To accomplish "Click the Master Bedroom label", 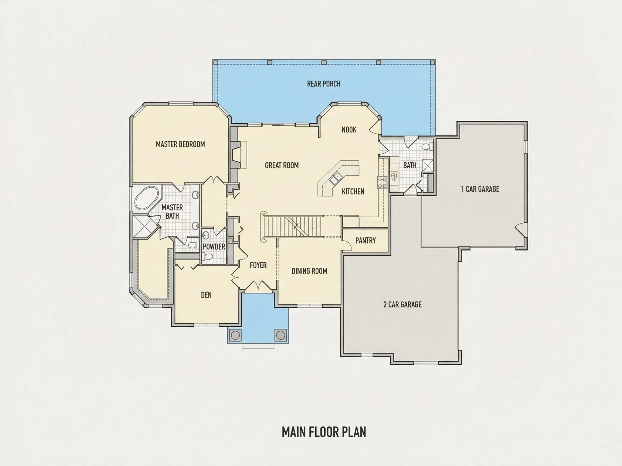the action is [180, 144].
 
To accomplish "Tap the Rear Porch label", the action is [324, 84].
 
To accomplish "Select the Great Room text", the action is [282, 165].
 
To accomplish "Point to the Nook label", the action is [349, 130].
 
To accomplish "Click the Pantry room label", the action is [366, 241].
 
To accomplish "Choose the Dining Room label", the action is [309, 271].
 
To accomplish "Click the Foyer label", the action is [258, 265].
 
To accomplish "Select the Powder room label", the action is [214, 247].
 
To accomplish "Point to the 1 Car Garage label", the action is [480, 189].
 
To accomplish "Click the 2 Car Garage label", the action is [403, 304].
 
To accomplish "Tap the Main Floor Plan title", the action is [324, 432].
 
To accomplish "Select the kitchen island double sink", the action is [336, 178].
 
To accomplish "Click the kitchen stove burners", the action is [383, 183].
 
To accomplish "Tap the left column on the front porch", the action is [235, 335].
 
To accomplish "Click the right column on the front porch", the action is [280, 335].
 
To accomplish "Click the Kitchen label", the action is [353, 192].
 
